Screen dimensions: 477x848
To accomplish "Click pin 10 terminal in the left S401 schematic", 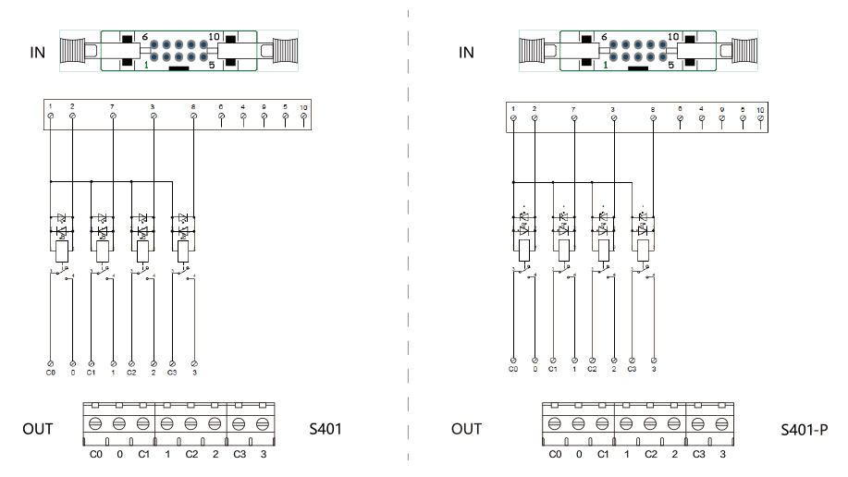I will click(x=303, y=116).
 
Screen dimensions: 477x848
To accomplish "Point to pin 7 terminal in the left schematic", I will click(x=113, y=116).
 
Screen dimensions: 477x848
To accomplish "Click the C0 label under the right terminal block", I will click(x=555, y=454).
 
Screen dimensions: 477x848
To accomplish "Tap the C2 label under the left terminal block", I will click(x=191, y=454).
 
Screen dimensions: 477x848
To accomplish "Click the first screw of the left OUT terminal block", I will click(x=95, y=424).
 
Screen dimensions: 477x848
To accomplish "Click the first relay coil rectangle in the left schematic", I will click(x=61, y=251).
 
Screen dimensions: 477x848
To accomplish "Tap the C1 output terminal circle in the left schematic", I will click(x=91, y=362).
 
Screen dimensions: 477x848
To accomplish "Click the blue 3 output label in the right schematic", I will click(x=654, y=369).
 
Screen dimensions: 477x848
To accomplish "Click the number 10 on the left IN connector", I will click(x=214, y=37).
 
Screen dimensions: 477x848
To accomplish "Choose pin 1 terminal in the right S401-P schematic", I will click(x=513, y=118).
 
